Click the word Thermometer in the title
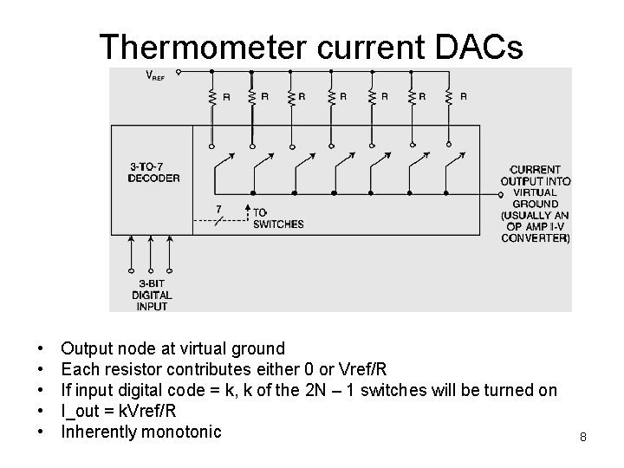211,48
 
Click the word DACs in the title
476,48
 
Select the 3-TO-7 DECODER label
153,172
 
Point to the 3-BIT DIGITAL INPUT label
152,295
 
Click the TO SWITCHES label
277,218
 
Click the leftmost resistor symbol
211,97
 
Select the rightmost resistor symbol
449,97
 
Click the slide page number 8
583,438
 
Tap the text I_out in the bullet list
82,411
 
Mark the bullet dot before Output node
42,349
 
